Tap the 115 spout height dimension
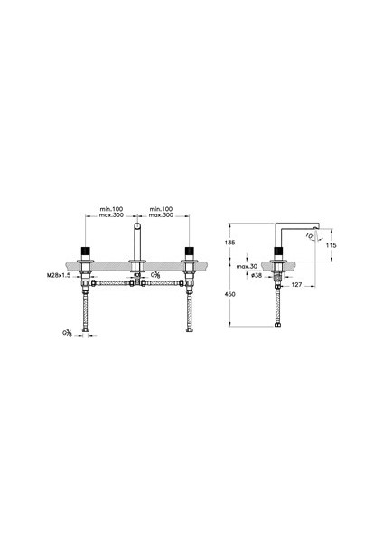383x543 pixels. [x=332, y=245]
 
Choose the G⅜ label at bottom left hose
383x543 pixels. [x=67, y=332]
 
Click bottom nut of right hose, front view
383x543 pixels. [x=189, y=330]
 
